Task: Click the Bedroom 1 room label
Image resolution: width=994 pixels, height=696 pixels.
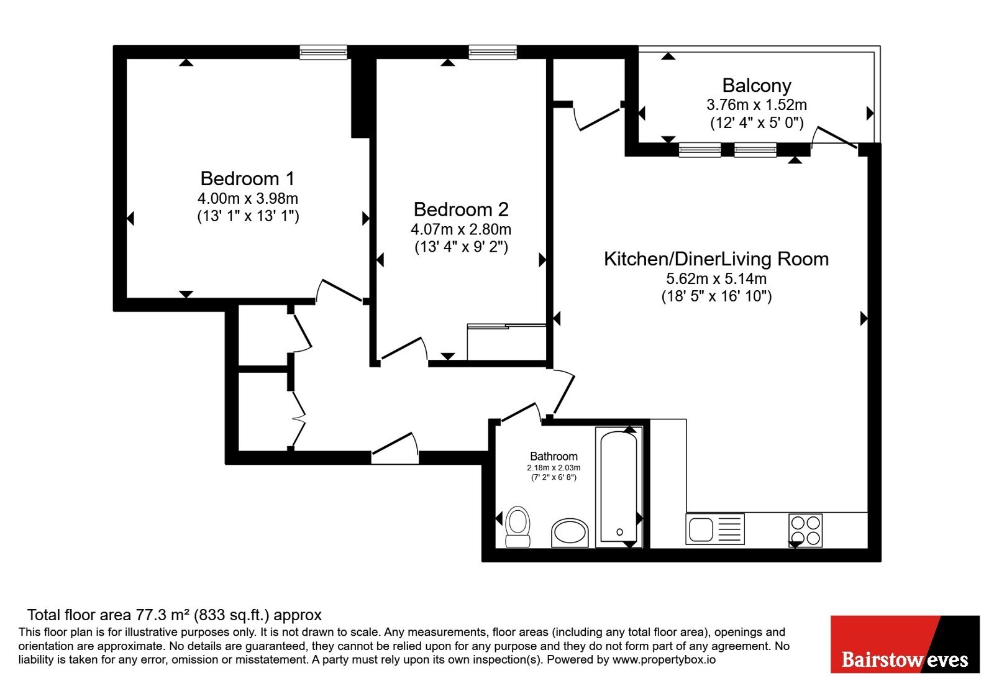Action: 248,178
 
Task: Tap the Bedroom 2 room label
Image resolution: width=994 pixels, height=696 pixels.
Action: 461,209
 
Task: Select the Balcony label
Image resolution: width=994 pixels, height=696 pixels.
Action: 757,86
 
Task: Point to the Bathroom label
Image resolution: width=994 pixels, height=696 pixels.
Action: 554,456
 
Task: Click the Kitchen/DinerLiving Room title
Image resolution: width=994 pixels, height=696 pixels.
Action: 716,259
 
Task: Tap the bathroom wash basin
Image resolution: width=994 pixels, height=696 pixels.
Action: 570,533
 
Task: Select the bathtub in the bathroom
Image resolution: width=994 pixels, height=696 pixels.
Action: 619,487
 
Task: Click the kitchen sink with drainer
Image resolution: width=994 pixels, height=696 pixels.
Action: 715,529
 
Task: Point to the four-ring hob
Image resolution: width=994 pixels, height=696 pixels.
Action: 805,530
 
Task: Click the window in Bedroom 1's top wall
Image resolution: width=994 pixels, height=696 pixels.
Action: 323,52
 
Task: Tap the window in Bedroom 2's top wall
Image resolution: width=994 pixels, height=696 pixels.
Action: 493,52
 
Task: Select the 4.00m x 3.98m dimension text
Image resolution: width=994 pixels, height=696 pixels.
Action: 248,198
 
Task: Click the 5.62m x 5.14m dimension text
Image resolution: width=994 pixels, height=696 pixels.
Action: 716,278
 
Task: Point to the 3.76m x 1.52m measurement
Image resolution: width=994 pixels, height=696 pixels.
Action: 757,105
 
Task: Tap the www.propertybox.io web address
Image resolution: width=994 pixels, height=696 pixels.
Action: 664,659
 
